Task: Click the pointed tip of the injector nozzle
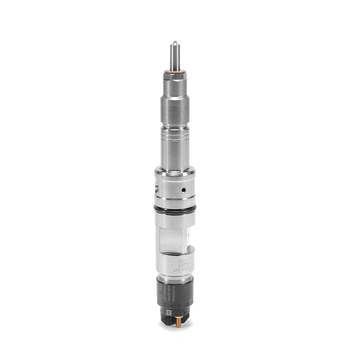click(x=174, y=43)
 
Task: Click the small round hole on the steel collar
click(x=184, y=190)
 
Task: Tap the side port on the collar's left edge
click(x=156, y=184)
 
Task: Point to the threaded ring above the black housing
click(x=175, y=276)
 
